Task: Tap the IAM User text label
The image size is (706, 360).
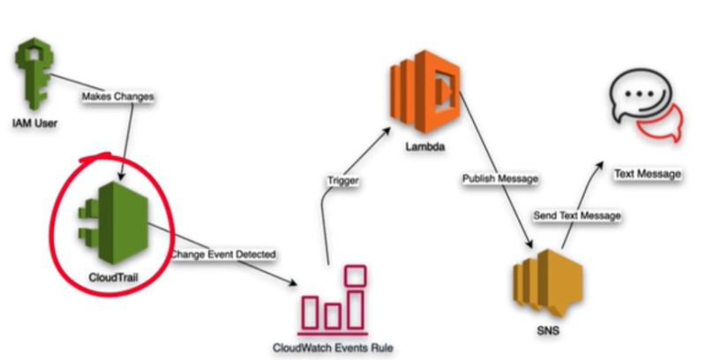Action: click(x=35, y=123)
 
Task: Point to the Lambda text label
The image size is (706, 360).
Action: click(x=424, y=145)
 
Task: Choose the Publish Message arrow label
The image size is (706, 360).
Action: click(x=500, y=178)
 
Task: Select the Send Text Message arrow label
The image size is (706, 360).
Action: click(x=577, y=215)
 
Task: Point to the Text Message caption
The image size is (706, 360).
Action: click(x=648, y=174)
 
